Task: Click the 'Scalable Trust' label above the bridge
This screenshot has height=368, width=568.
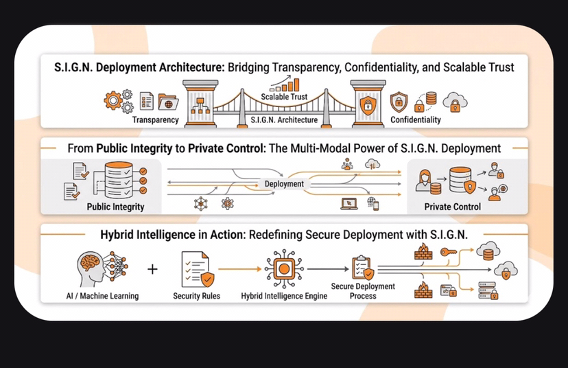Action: click(283, 96)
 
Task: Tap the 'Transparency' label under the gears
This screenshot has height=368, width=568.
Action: click(155, 119)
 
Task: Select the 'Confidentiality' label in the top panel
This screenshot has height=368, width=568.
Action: click(416, 119)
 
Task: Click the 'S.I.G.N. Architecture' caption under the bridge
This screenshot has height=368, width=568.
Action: click(284, 119)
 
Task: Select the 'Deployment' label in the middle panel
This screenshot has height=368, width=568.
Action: click(284, 184)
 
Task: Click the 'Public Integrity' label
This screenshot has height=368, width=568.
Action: click(115, 206)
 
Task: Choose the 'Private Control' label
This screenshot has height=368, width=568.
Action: click(453, 206)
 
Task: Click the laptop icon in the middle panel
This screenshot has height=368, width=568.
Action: click(348, 203)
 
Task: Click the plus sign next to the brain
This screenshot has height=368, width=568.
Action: click(152, 268)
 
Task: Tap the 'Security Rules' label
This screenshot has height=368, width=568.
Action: click(198, 296)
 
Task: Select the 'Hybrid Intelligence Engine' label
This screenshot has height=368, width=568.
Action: click(284, 296)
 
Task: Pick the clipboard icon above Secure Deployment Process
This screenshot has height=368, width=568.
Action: click(362, 267)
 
